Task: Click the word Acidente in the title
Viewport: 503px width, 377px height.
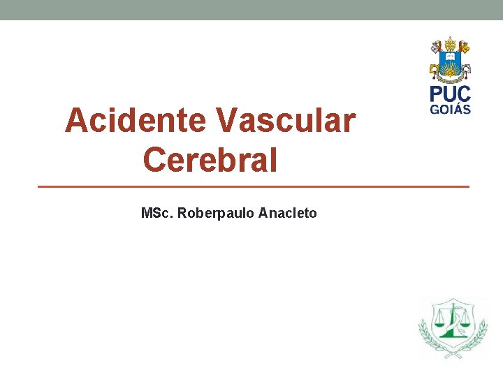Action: (136, 121)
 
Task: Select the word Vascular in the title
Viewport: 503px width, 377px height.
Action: (286, 121)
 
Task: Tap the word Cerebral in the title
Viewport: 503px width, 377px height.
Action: (210, 160)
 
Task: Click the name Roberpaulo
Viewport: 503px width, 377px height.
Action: (216, 213)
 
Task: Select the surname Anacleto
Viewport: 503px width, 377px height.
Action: (287, 213)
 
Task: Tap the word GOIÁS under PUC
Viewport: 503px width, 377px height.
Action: (450, 109)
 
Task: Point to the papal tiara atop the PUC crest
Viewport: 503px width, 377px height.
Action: (450, 43)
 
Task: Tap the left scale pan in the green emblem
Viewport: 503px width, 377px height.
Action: (439, 323)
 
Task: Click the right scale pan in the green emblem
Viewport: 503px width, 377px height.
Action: (465, 323)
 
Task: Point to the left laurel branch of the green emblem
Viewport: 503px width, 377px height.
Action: (425, 332)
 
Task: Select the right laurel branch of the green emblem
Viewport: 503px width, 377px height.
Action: (480, 332)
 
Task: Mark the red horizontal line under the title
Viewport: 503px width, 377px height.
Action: (253, 186)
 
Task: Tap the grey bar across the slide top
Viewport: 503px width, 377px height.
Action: (251, 10)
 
